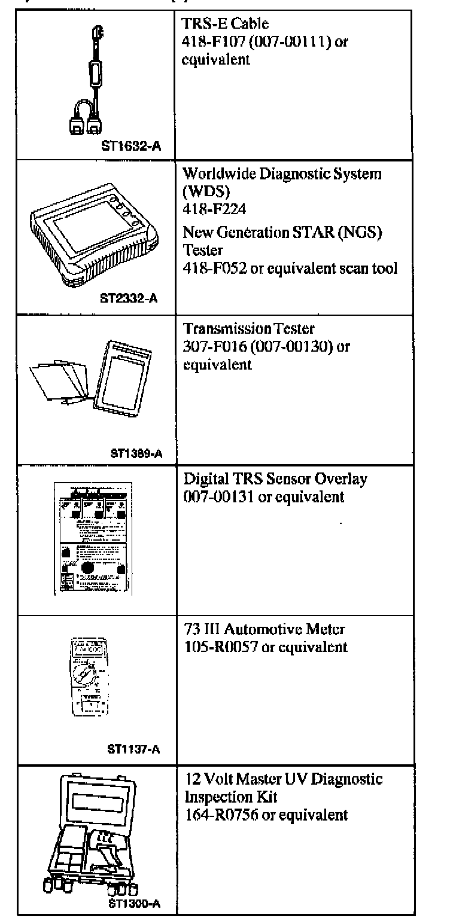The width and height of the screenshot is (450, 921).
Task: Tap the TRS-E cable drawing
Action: [95, 81]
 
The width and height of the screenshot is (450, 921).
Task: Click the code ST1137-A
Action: [133, 746]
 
